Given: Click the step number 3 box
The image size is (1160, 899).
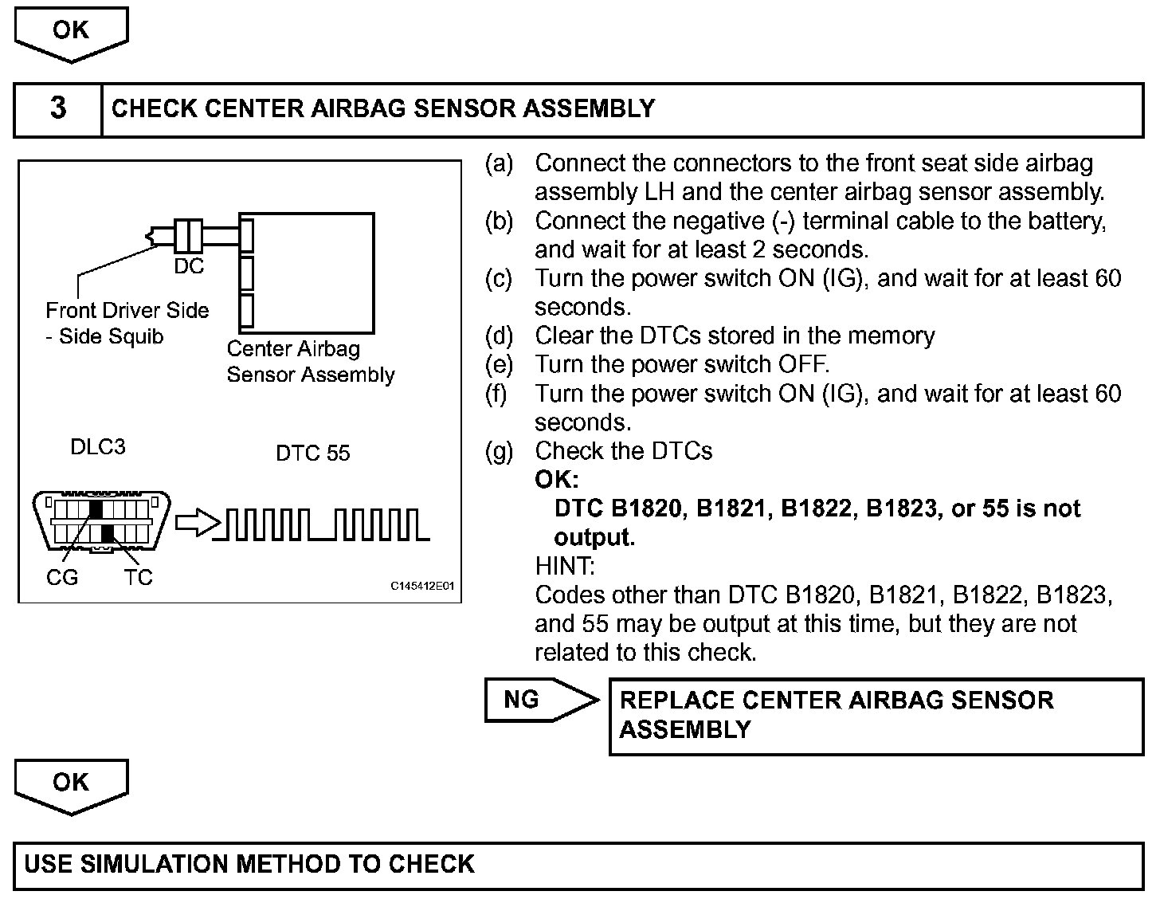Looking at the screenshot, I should point(58,108).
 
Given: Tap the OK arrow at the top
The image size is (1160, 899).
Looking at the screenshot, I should point(71,32).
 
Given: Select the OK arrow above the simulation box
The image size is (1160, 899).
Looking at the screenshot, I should point(71,784).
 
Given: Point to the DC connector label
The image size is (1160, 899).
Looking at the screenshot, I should point(189,267).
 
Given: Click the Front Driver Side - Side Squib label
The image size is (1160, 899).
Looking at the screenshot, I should point(127,323).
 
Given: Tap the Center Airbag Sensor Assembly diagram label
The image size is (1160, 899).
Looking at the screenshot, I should point(310,362).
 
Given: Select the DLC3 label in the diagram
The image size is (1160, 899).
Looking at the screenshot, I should point(98,447).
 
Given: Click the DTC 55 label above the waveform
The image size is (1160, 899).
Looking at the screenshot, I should point(312,453).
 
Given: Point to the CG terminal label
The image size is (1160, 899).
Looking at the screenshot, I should point(62,578).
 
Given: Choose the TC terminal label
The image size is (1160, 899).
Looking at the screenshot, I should point(138,578).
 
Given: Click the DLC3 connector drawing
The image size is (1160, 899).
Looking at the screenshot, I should point(101,520).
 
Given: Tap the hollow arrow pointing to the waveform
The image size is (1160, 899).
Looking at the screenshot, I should point(196,524).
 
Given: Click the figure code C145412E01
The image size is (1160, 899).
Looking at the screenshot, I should point(421,587).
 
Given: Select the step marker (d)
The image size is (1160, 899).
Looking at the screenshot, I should point(499,336).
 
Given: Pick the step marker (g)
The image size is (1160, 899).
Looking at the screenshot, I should point(499,451).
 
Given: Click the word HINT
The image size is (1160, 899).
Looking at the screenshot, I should point(564,566).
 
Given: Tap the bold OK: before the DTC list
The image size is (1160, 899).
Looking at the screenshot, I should point(557,480).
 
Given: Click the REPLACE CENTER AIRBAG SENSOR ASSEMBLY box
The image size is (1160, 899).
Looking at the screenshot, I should point(876,716).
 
